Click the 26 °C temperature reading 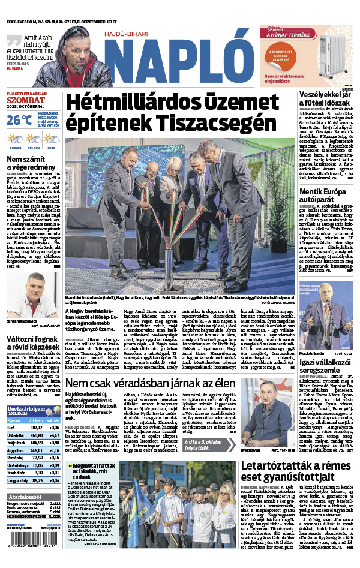pyautogui.click(x=19, y=119)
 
